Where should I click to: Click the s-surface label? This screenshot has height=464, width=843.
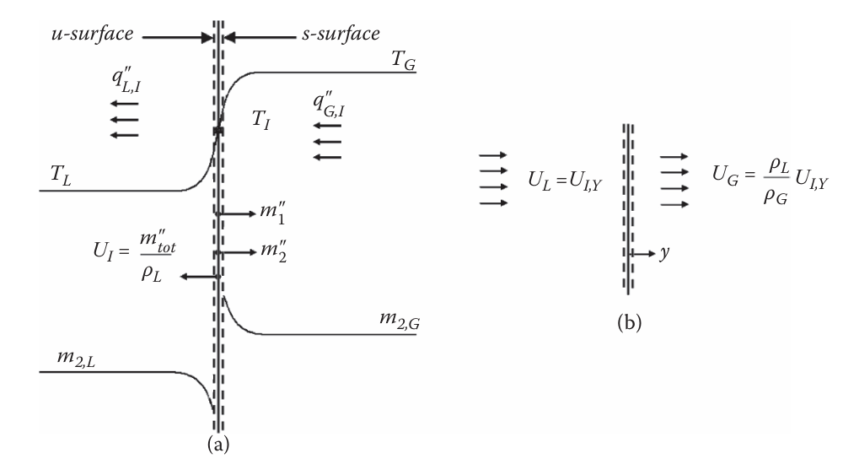[340, 35]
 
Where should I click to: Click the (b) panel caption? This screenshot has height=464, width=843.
[628, 323]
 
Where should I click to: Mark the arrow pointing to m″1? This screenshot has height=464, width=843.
[239, 214]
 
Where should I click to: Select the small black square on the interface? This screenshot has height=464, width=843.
[218, 131]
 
